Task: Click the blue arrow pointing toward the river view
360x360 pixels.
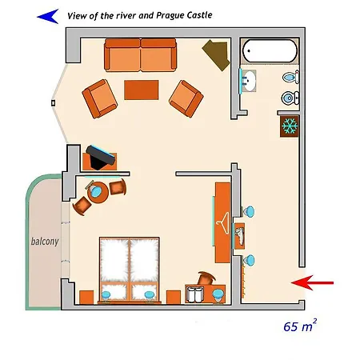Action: coord(49,14)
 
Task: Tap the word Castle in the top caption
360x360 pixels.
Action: coord(197,14)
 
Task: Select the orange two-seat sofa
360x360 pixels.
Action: coord(140,56)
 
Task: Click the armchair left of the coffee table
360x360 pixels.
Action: coord(102,98)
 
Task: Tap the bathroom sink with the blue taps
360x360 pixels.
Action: coord(249,82)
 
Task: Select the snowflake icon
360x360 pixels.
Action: coord(289,126)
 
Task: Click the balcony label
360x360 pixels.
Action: coord(45,242)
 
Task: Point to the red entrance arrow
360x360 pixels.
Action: coord(313,282)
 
